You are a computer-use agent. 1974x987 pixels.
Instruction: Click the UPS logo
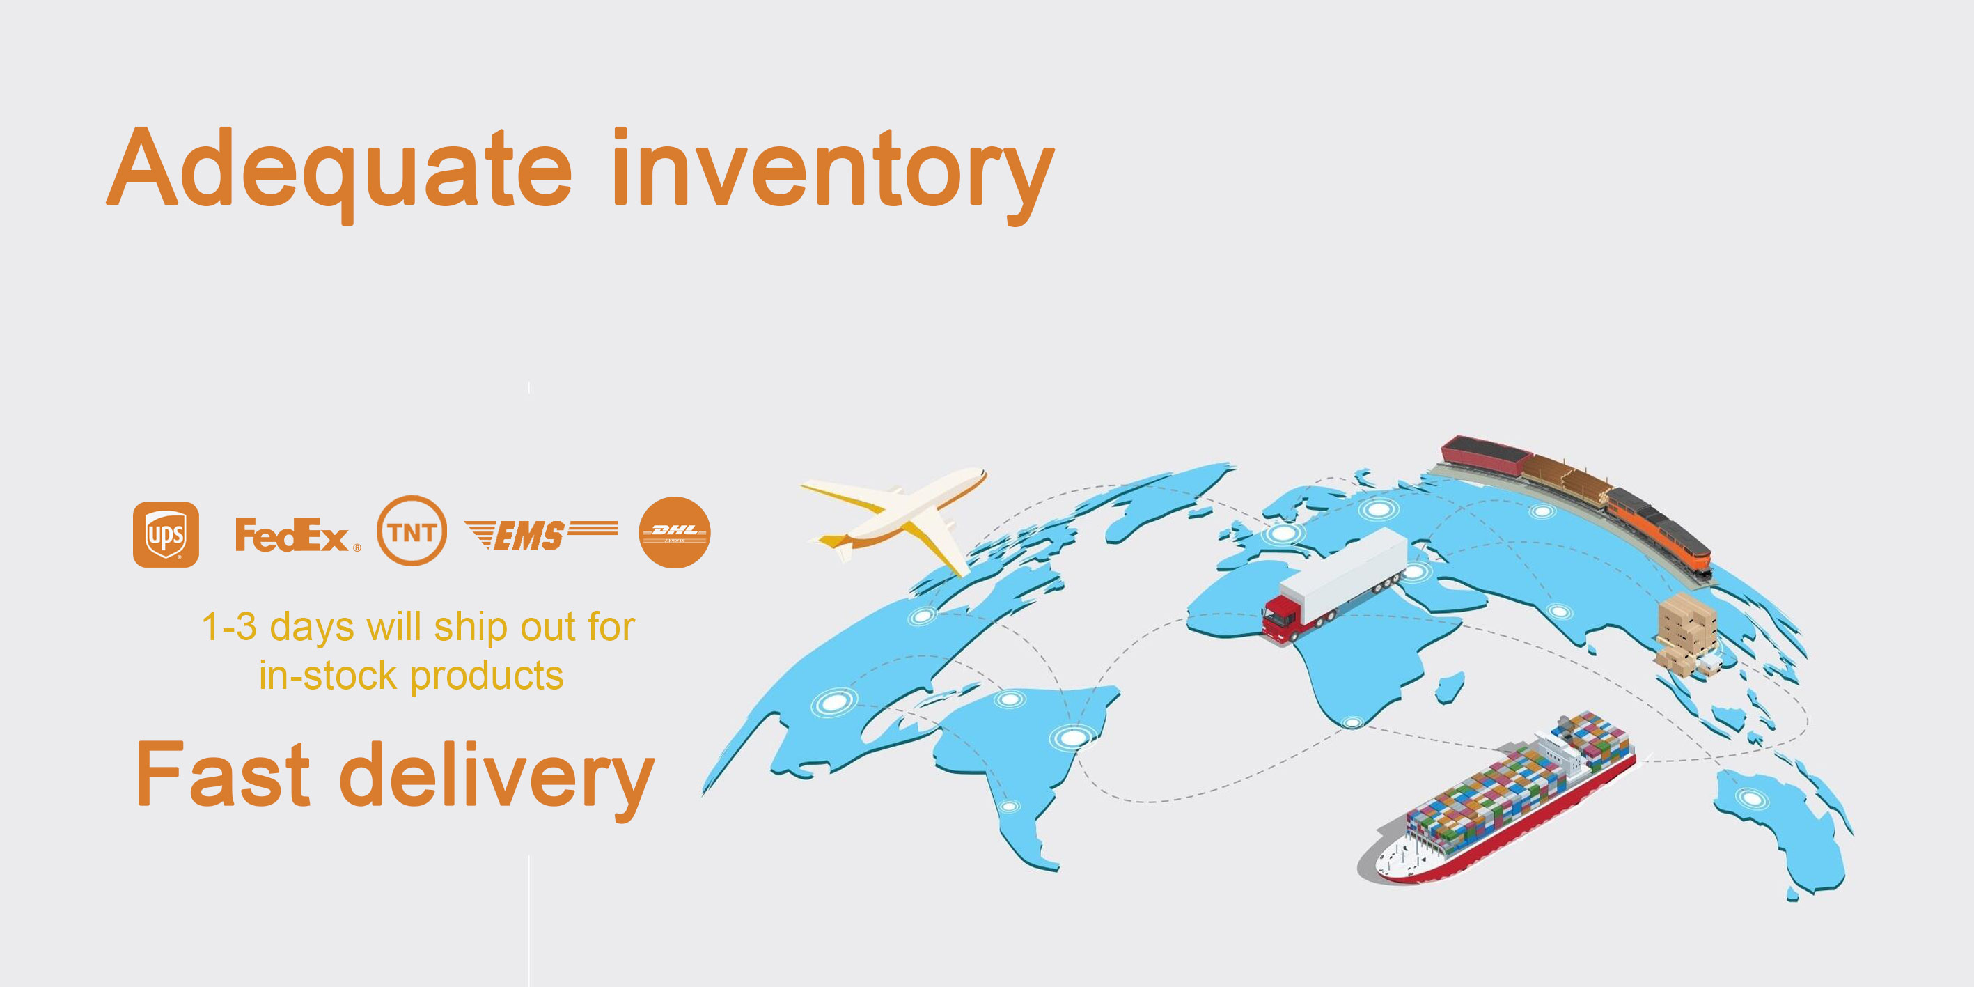[166, 534]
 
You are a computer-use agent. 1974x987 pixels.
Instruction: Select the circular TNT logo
[412, 530]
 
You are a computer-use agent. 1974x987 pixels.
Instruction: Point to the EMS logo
[541, 535]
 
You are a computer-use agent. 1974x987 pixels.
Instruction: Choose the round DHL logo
[674, 533]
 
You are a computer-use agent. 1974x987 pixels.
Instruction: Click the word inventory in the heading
[833, 175]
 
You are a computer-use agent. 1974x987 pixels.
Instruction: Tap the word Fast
[223, 774]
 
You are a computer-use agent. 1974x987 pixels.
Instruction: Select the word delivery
[496, 779]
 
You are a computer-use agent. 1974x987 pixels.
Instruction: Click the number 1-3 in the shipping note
[229, 627]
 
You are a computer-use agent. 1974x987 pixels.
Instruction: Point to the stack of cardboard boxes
[1686, 633]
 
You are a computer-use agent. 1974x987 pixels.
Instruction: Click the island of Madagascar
[1450, 687]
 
